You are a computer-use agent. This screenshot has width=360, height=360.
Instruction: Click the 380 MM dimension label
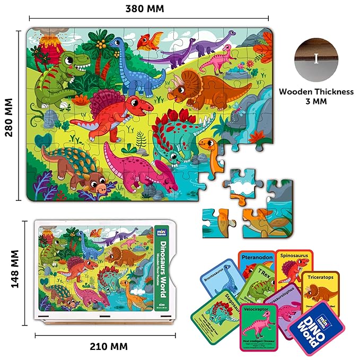[145, 9]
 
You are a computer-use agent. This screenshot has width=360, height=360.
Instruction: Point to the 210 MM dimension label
[108, 346]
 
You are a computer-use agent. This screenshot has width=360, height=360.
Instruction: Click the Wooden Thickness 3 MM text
[316, 96]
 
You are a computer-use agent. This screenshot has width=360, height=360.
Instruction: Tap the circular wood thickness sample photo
[316, 58]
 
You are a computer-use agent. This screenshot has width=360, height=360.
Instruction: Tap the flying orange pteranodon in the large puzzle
[151, 41]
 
